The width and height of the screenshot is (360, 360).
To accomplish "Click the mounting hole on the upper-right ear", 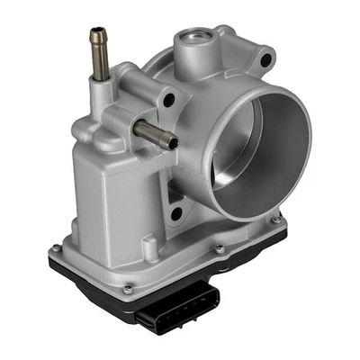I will (x=265, y=60).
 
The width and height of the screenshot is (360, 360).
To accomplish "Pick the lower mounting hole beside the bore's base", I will (x=176, y=213).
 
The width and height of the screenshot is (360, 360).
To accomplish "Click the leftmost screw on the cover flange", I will (x=56, y=248).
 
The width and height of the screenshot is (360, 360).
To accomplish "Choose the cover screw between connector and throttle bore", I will (x=218, y=249).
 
